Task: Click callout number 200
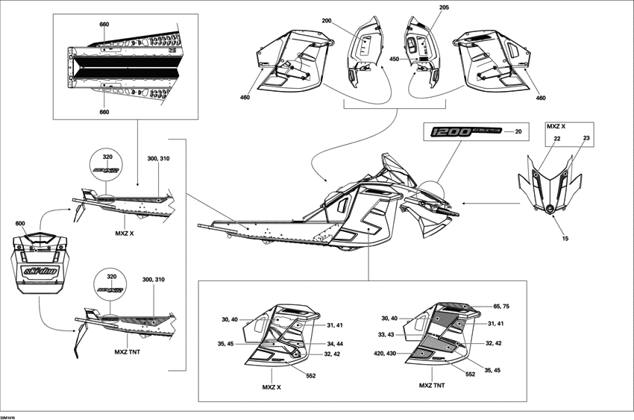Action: click(326, 21)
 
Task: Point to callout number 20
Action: click(519, 131)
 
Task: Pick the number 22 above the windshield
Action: click(557, 139)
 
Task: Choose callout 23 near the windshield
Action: click(586, 139)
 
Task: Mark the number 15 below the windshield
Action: click(565, 238)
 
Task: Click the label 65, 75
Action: click(503, 307)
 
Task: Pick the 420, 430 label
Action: click(384, 353)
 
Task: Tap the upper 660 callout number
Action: click(104, 25)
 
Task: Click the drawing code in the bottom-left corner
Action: click(9, 416)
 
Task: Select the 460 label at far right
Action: click(541, 98)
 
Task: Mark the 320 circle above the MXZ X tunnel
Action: click(107, 165)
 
